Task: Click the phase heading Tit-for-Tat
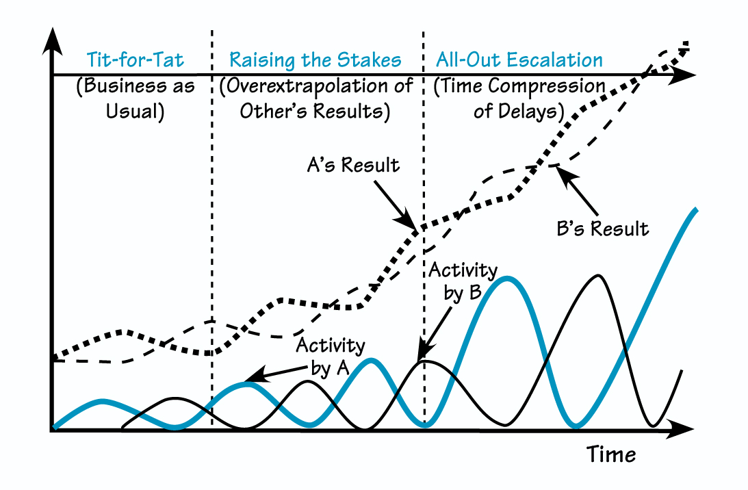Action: tap(134, 60)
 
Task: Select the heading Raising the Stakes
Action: tap(315, 60)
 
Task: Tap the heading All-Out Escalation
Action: tap(519, 60)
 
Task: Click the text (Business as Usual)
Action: tap(135, 99)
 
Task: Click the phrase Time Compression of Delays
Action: tap(519, 99)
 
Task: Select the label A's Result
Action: tap(353, 166)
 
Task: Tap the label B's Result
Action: tap(602, 228)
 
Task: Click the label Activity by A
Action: tap(330, 356)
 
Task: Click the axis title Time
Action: tap(611, 454)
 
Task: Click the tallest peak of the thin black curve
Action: tap(599, 276)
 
